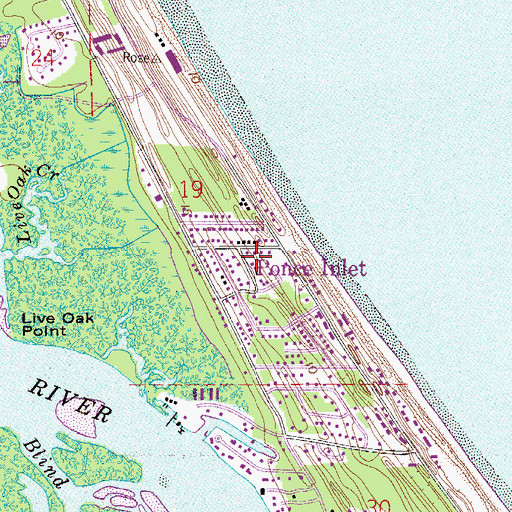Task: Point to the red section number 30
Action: [x=377, y=505]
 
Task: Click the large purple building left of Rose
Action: [x=103, y=43]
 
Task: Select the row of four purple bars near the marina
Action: [x=205, y=395]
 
